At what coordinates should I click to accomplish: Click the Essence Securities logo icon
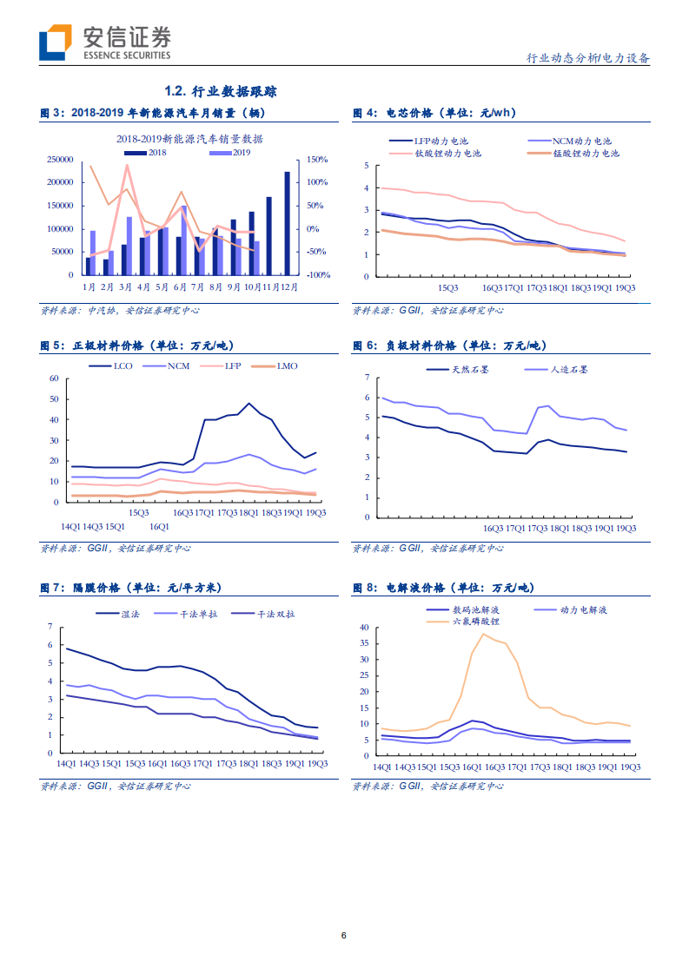click(x=54, y=43)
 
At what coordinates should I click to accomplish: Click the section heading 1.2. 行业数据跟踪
click(x=221, y=91)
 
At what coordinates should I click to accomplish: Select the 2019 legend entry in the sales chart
click(x=231, y=153)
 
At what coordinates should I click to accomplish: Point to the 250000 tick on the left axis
click(x=60, y=160)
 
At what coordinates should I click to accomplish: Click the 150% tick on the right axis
click(x=316, y=160)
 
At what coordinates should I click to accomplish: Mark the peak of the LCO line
click(x=249, y=403)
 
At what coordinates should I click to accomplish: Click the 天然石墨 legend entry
click(x=457, y=370)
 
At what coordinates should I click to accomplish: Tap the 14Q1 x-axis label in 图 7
click(x=66, y=764)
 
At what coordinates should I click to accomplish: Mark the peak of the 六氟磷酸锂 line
click(x=483, y=634)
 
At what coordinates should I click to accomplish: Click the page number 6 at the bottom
click(x=344, y=936)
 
